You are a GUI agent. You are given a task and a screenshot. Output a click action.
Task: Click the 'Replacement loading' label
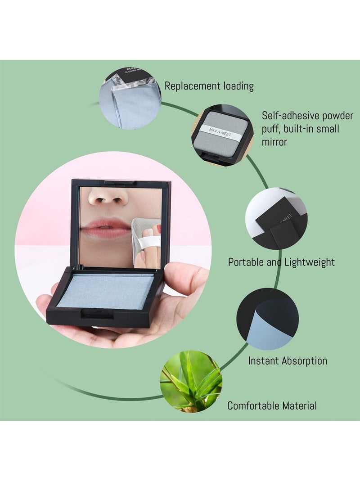(209, 86)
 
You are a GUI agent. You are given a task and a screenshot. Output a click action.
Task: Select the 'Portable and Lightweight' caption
(281, 262)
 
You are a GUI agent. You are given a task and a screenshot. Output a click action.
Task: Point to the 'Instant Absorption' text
(288, 360)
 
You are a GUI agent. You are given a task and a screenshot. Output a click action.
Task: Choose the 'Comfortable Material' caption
(272, 405)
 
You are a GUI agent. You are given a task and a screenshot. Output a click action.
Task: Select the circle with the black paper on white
(275, 219)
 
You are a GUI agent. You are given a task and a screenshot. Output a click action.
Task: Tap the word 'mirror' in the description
(277, 142)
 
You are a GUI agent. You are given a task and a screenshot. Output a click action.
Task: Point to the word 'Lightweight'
(310, 262)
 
